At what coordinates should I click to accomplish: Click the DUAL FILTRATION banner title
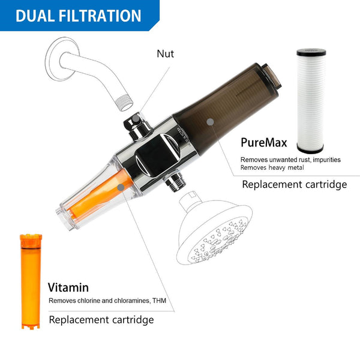79,16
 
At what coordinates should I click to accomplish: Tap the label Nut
165,54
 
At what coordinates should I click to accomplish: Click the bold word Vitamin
68,287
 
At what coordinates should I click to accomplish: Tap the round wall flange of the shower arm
61,58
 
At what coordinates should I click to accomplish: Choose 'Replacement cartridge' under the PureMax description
294,184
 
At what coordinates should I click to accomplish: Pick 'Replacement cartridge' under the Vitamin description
101,320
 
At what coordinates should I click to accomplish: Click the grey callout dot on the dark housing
210,121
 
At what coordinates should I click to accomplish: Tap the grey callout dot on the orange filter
121,187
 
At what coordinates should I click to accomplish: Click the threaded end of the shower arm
125,103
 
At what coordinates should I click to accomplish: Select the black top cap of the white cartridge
310,51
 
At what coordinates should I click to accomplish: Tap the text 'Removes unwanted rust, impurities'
290,160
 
